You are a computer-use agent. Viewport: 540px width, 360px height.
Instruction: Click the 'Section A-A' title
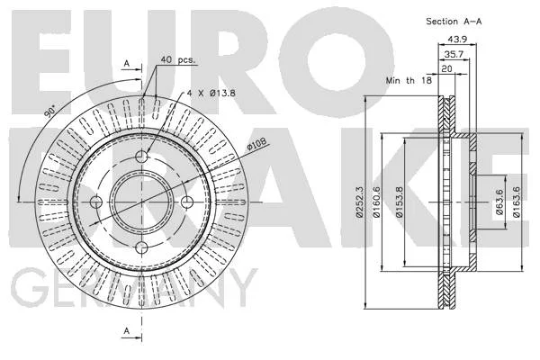point(454,22)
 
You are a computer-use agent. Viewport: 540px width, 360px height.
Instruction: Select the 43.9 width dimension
point(457,40)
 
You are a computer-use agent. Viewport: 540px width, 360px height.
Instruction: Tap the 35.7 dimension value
point(454,54)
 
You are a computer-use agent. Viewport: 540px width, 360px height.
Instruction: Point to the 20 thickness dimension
point(446,69)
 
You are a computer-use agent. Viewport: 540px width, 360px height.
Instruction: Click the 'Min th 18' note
point(409,81)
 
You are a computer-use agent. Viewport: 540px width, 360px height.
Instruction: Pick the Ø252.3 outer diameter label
point(359,202)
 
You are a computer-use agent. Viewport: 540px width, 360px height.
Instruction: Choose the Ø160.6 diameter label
point(376,202)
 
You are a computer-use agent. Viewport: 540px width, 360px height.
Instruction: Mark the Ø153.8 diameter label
point(399,202)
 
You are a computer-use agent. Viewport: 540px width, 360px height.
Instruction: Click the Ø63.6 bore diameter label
point(499,202)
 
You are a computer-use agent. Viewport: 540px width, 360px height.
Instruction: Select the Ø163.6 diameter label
point(516,202)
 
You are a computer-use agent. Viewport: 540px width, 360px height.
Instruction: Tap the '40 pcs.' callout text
point(177,59)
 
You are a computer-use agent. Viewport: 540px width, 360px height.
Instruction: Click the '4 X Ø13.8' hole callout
point(211,93)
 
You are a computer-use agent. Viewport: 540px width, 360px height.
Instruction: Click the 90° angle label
point(50,112)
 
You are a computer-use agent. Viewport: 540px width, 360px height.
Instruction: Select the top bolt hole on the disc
point(141,157)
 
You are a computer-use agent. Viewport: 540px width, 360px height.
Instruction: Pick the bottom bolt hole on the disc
point(141,247)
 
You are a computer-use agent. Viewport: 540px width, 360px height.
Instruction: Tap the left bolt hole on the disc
point(96,202)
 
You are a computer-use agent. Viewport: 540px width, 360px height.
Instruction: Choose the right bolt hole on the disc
point(187,202)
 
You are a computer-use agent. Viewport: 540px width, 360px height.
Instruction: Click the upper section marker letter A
point(127,63)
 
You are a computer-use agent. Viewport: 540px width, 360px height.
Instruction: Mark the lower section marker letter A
point(127,330)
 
